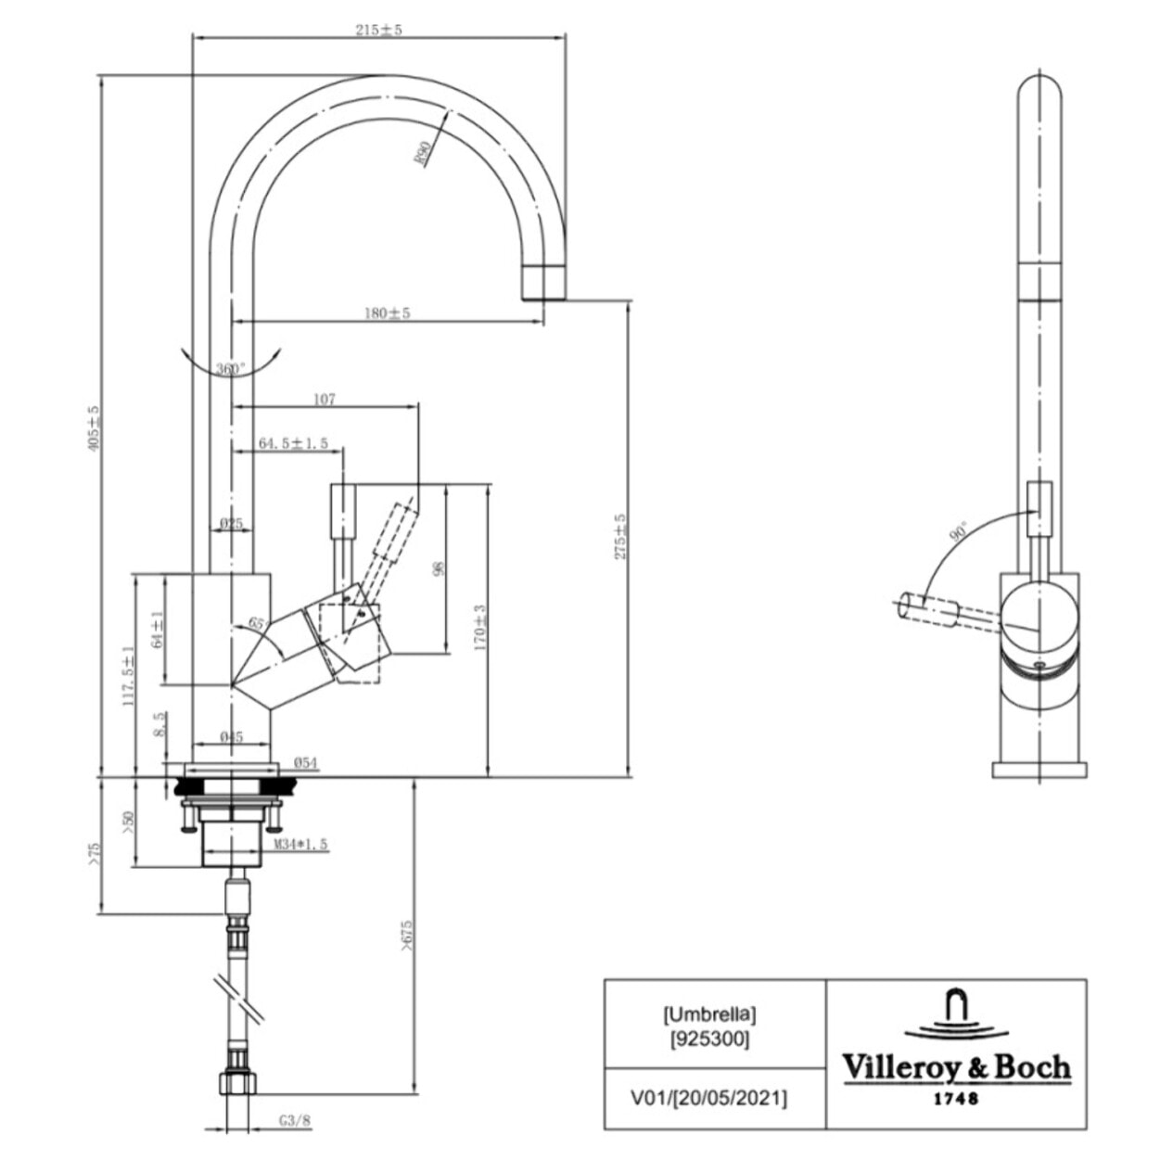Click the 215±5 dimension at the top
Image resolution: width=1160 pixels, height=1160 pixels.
[x=378, y=30]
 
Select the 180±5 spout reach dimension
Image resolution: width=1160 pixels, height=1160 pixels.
[x=386, y=313]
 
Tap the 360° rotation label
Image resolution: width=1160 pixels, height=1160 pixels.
[x=231, y=369]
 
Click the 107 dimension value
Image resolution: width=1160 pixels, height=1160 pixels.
[x=324, y=400]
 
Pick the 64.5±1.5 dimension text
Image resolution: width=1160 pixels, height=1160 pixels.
[x=293, y=444]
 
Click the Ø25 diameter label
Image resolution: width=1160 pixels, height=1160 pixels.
[x=231, y=524]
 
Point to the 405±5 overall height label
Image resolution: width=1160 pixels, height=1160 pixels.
[x=92, y=427]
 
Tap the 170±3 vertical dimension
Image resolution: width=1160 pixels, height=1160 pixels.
[x=479, y=628]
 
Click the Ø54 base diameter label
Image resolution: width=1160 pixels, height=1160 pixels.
[x=306, y=763]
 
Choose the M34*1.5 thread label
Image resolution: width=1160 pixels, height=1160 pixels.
[x=300, y=845]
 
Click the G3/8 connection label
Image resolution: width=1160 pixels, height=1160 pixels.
[x=295, y=1120]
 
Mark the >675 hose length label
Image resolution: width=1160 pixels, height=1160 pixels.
[x=405, y=937]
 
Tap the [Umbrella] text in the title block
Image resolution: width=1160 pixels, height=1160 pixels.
[x=710, y=1015]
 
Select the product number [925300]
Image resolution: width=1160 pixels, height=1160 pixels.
[x=710, y=1039]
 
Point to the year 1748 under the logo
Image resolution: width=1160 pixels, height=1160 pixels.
[x=955, y=1100]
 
